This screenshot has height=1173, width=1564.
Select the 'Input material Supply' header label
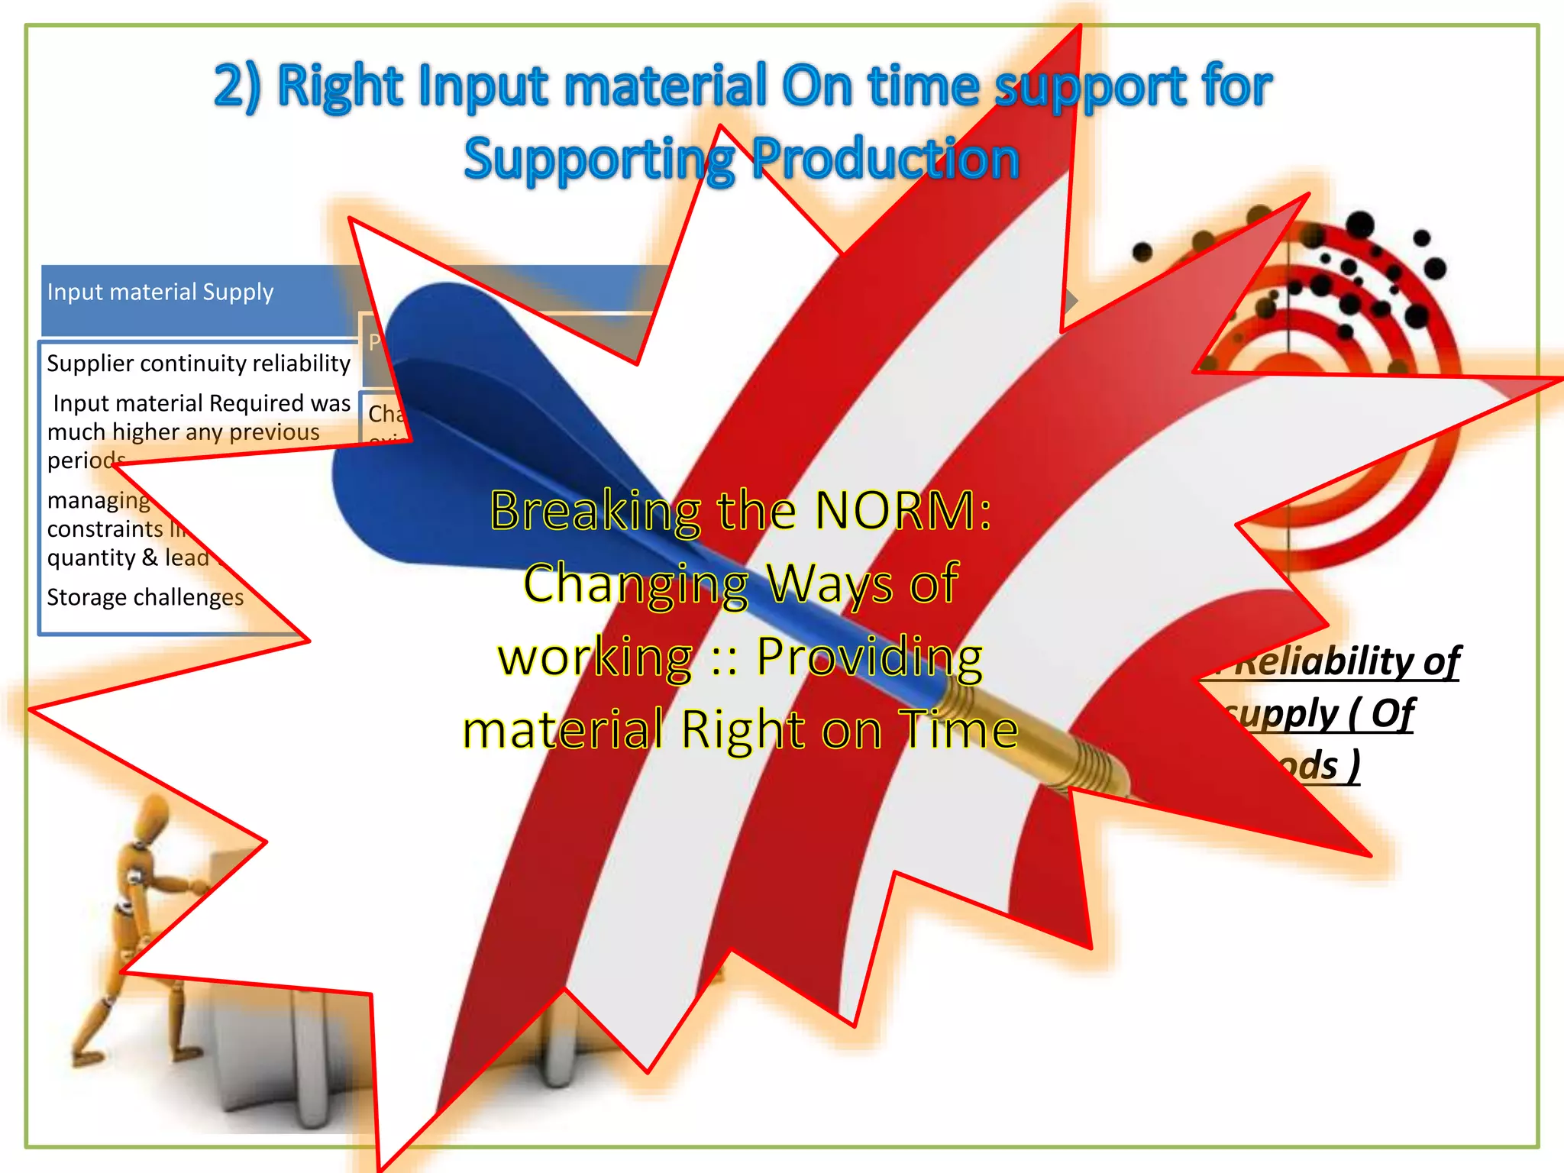[160, 292]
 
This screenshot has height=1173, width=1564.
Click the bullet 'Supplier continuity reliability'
[199, 363]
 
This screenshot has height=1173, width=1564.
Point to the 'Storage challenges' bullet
[145, 596]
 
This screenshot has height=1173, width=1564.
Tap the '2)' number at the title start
[237, 86]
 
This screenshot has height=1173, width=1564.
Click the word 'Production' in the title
[886, 160]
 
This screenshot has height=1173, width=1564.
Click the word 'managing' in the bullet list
[99, 500]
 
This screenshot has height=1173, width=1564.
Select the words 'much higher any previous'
[183, 432]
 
